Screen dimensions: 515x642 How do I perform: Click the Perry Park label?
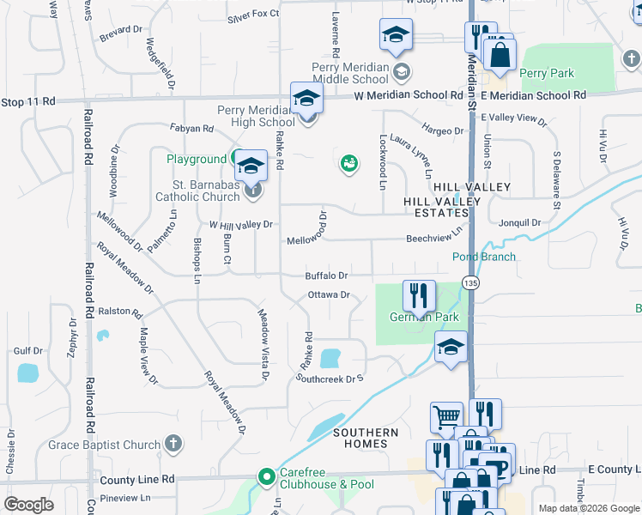pos(547,74)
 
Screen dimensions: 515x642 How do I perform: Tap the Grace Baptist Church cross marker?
pos(173,445)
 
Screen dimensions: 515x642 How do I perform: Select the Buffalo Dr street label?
pos(326,276)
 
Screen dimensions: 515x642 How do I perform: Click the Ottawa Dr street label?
pos(330,295)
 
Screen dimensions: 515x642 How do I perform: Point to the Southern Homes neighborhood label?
pos(366,438)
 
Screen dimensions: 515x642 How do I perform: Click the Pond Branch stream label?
pos(484,257)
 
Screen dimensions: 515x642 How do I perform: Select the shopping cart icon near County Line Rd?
pos(446,418)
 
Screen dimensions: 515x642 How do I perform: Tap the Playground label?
pos(197,159)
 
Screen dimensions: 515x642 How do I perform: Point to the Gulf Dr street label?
pos(28,350)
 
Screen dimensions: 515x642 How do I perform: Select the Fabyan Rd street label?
pos(192,129)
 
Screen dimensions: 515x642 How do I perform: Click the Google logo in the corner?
pos(28,504)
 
